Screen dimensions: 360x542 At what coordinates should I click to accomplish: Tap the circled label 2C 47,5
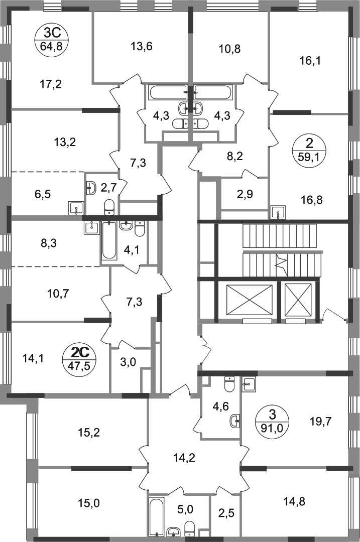(80, 359)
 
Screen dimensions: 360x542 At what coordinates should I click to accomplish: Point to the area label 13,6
(142, 46)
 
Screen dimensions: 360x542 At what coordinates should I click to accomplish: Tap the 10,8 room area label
(230, 49)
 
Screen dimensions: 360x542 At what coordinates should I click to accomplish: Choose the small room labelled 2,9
(245, 194)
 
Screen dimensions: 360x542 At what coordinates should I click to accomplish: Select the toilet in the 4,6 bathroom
(229, 384)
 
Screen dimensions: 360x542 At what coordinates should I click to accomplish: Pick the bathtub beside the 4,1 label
(109, 240)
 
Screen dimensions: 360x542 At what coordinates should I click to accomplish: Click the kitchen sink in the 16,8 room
(279, 212)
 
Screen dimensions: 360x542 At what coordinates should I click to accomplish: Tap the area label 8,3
(48, 243)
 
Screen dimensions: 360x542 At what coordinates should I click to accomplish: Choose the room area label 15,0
(89, 503)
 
